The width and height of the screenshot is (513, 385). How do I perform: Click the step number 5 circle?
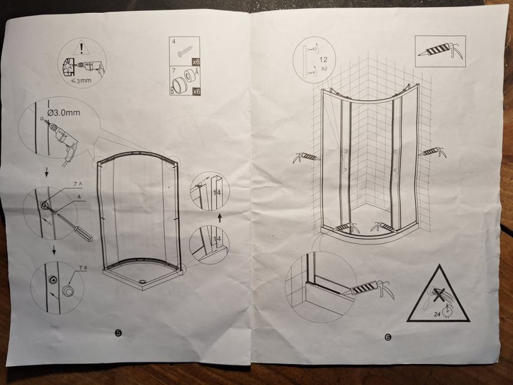point(118,333)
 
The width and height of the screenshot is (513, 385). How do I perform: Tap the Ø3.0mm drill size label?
point(64,113)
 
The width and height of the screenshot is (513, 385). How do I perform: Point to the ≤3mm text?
point(81,80)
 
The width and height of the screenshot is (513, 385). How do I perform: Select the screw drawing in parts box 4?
point(185,51)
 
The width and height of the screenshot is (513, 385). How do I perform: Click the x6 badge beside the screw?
point(196,62)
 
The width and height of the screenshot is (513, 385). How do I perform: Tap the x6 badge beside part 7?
point(196,92)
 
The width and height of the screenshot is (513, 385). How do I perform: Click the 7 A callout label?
point(78,184)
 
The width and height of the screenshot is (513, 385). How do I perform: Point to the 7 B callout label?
point(83,268)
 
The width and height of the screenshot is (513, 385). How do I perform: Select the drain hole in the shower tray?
point(142,281)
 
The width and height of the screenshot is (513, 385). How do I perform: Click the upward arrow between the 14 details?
point(220,218)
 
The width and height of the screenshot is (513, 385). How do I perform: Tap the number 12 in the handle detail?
point(323,60)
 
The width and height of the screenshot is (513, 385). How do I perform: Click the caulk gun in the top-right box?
point(440,51)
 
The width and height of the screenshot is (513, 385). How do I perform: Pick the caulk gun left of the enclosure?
point(306,156)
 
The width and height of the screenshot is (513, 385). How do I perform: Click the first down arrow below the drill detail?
point(46,172)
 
